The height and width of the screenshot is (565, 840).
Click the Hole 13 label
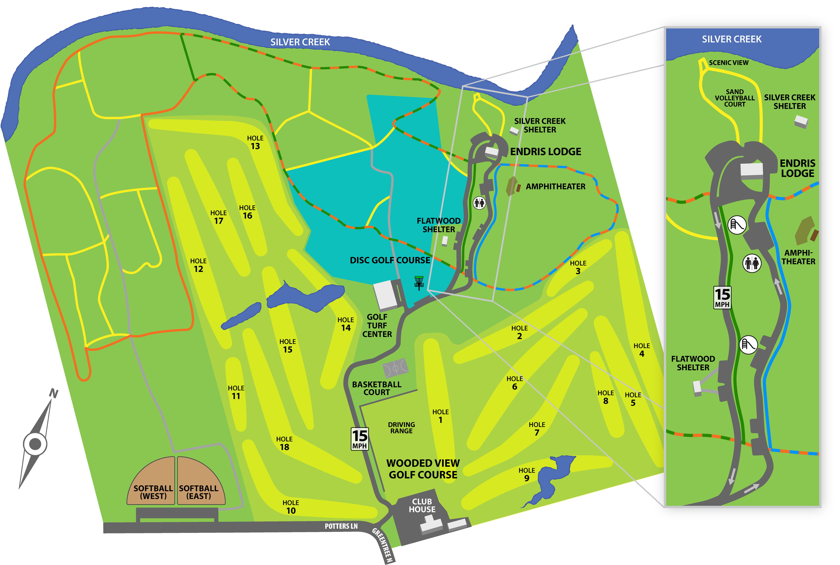pyautogui.click(x=255, y=142)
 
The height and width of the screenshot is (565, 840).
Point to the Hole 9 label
pyautogui.click(x=527, y=475)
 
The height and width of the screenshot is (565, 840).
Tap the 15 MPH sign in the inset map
pyautogui.click(x=722, y=297)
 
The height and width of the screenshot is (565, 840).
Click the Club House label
pyautogui.click(x=422, y=505)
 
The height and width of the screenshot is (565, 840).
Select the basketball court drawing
pyautogui.click(x=395, y=368)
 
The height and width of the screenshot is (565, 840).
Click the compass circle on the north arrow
pyautogui.click(x=35, y=444)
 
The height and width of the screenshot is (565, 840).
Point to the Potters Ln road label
pyautogui.click(x=341, y=526)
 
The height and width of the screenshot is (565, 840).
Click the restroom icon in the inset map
pyautogui.click(x=752, y=263)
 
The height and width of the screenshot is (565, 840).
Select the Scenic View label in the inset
pyautogui.click(x=728, y=63)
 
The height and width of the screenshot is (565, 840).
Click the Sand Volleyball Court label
pyautogui.click(x=734, y=98)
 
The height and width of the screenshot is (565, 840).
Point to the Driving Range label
pyautogui.click(x=401, y=428)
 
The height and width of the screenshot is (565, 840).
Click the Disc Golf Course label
pyautogui.click(x=390, y=260)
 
